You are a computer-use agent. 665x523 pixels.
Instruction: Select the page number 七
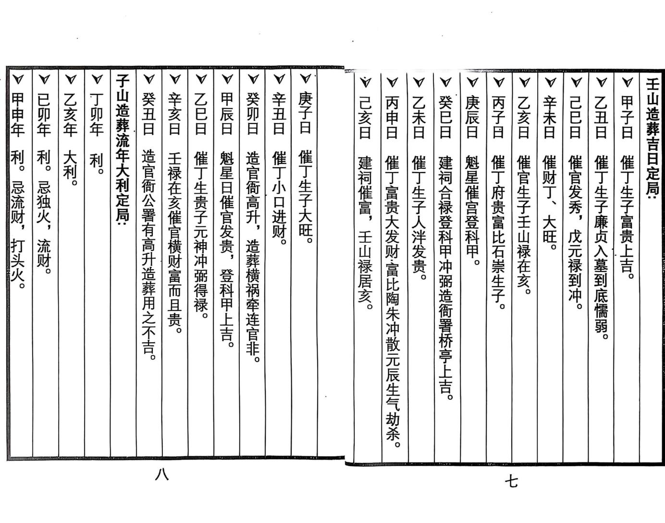pos(512,481)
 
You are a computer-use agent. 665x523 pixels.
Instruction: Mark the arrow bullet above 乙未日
pos(419,82)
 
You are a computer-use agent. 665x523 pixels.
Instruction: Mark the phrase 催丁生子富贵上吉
pos(627,216)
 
